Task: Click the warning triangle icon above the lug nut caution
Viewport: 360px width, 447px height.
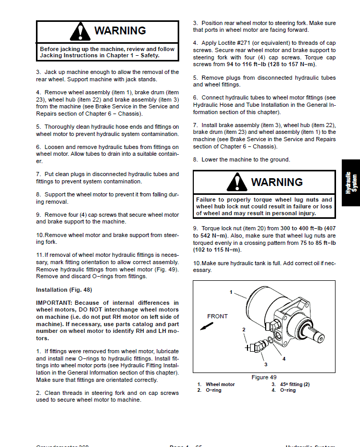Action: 237,182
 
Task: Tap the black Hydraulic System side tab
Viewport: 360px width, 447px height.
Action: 352,183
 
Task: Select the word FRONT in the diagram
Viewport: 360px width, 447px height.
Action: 217,316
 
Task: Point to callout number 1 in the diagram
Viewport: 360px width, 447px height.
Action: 230,292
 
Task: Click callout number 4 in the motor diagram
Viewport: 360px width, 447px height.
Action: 283,359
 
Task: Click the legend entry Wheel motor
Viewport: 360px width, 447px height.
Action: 220,384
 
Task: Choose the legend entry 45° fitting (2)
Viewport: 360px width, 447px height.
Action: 295,384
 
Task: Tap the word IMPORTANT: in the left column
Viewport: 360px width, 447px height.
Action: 54,303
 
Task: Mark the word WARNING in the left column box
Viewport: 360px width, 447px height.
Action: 120,31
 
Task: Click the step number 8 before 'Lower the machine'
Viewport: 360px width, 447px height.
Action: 195,159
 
